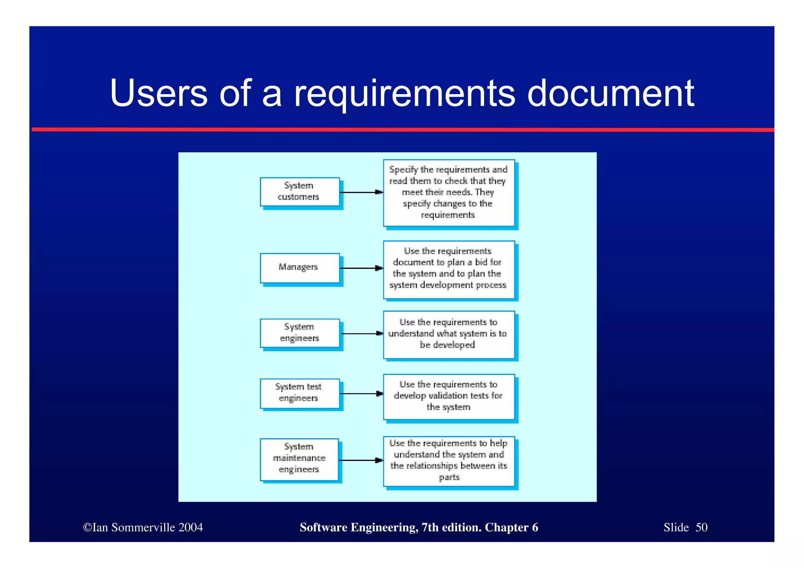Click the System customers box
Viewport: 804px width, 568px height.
pyautogui.click(x=300, y=192)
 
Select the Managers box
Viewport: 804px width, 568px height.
pyautogui.click(x=300, y=268)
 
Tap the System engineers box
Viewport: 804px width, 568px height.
pyautogui.click(x=300, y=333)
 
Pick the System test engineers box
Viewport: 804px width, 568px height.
pyautogui.click(x=300, y=393)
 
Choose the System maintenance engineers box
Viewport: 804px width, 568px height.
pyautogui.click(x=299, y=459)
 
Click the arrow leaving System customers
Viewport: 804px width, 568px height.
pyautogui.click(x=361, y=192)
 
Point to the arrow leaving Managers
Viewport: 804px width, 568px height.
pyautogui.click(x=361, y=268)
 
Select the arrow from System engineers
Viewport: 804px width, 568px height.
pyautogui.click(x=362, y=334)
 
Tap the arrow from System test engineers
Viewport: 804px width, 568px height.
pyautogui.click(x=361, y=394)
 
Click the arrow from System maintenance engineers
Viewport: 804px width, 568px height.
pyautogui.click(x=360, y=460)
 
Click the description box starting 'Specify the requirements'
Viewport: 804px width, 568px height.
pyautogui.click(x=449, y=193)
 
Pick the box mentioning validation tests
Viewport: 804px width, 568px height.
pyautogui.click(x=449, y=396)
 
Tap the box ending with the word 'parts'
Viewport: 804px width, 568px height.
pyautogui.click(x=449, y=461)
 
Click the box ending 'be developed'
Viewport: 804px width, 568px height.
pyautogui.click(x=449, y=334)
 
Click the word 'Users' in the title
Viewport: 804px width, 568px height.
pyautogui.click(x=159, y=93)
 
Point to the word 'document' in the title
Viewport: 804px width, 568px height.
pyautogui.click(x=610, y=93)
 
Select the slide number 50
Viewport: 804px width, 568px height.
pyautogui.click(x=701, y=527)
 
